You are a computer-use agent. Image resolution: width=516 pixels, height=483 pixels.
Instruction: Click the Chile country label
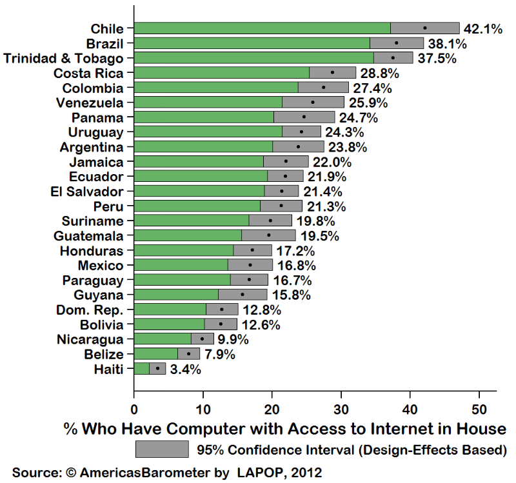point(108,28)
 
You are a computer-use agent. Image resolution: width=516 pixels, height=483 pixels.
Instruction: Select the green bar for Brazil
point(252,43)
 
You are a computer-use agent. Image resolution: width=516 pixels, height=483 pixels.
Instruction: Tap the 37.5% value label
point(437,58)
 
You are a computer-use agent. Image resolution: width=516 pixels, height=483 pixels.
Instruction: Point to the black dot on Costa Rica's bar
point(332,72)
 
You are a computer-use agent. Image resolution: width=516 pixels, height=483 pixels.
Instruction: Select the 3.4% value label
point(186,370)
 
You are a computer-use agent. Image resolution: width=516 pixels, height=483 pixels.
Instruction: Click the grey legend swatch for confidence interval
point(162,449)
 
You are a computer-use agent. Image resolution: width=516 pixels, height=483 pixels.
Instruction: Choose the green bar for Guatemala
point(187,235)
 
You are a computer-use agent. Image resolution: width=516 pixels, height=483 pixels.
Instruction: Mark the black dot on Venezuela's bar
point(313,102)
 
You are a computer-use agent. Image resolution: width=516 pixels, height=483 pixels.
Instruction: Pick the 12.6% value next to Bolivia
point(261,324)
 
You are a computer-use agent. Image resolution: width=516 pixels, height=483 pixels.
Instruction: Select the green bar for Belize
point(155,354)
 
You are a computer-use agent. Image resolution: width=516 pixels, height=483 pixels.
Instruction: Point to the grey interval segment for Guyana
point(243,295)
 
